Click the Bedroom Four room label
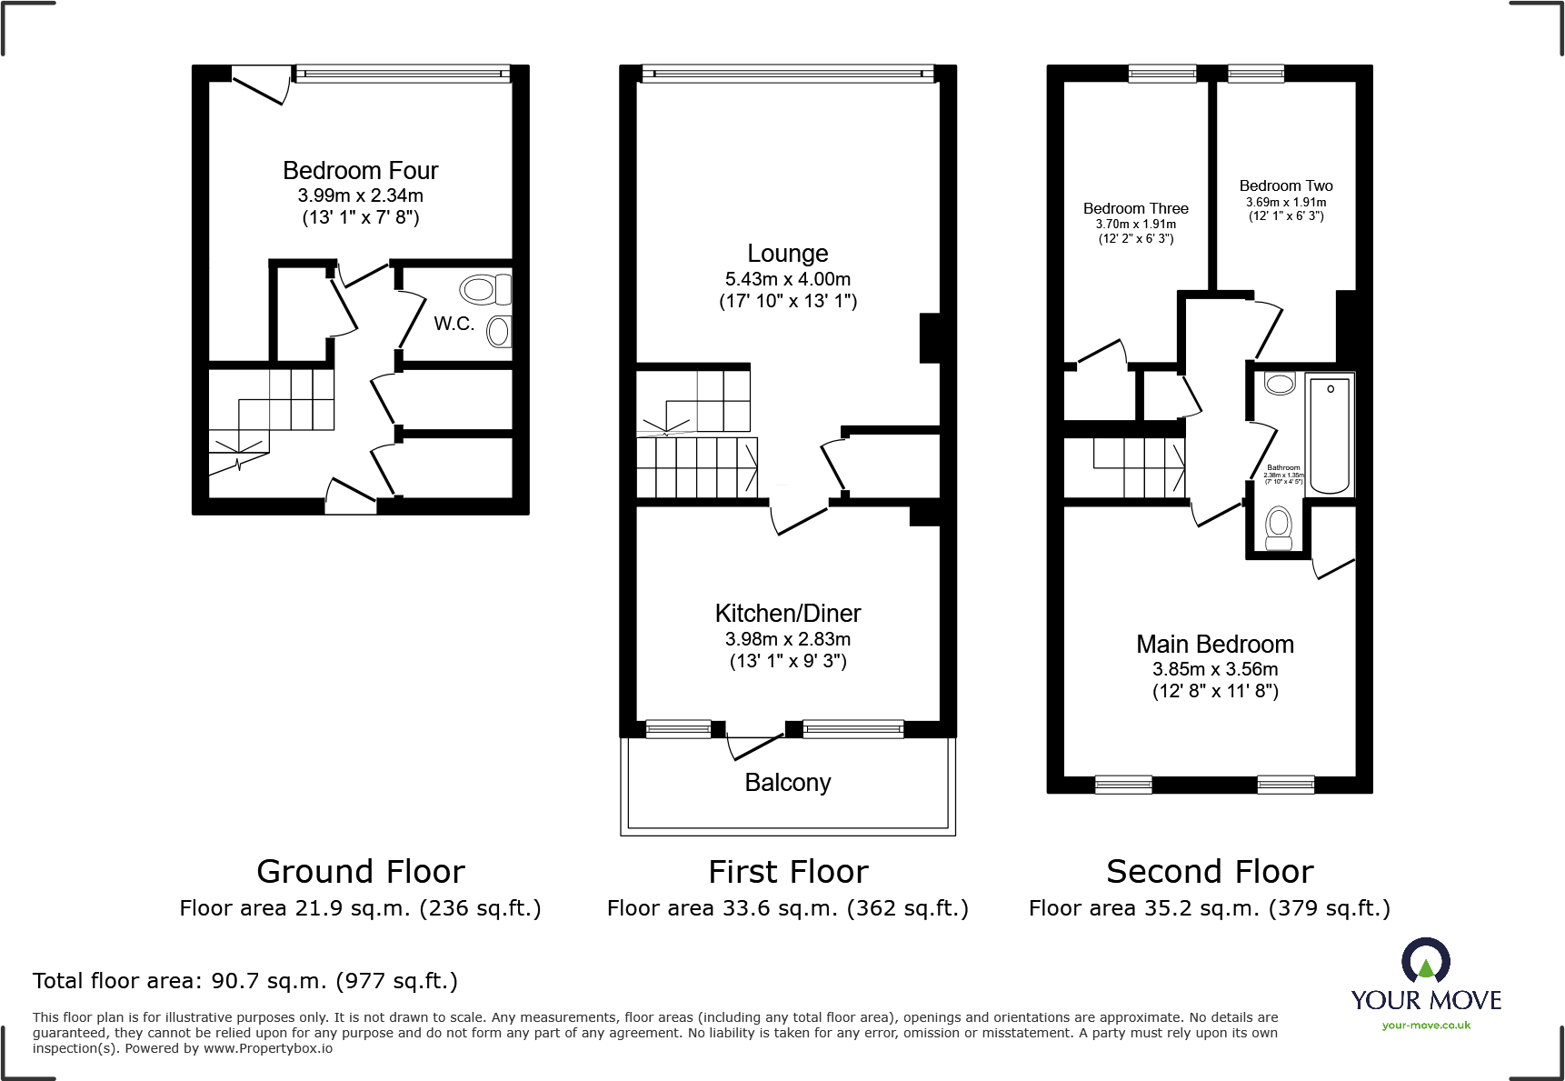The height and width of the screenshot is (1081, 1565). [x=360, y=171]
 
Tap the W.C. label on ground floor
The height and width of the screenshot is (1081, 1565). [x=454, y=324]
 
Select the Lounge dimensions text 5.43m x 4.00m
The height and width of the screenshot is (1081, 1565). [x=787, y=279]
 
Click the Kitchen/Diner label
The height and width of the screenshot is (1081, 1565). [x=787, y=613]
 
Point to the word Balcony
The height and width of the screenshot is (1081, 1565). [x=787, y=783]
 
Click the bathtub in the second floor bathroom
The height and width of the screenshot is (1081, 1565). [x=1330, y=434]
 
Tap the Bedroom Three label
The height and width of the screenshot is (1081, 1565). [x=1135, y=208]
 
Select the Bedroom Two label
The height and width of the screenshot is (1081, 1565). [x=1285, y=185]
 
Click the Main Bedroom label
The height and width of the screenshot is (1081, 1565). [x=1214, y=645]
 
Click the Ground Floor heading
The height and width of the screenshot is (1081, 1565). [x=360, y=872]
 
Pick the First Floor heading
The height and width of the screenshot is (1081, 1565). [x=787, y=872]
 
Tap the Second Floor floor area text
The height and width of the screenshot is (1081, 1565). [x=1209, y=908]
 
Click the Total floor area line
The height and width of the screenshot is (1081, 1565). [x=244, y=981]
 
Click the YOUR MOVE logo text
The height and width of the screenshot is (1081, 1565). [x=1425, y=1001]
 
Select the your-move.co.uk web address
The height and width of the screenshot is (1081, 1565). [x=1425, y=1026]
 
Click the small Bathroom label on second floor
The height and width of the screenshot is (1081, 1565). [x=1283, y=467]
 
